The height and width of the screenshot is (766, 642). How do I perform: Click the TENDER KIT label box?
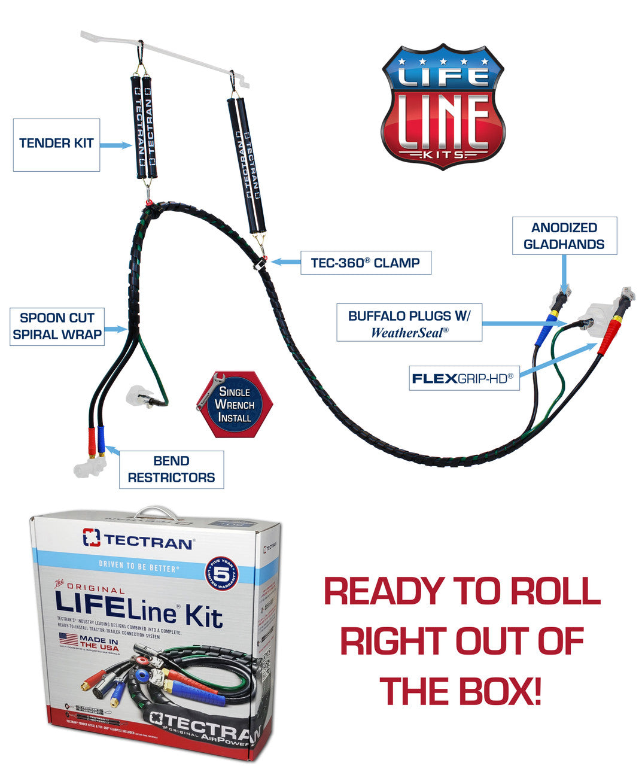pyautogui.click(x=56, y=144)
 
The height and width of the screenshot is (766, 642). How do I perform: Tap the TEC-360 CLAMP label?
pyautogui.click(x=365, y=263)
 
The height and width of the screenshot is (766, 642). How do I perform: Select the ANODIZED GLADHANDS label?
pyautogui.click(x=564, y=236)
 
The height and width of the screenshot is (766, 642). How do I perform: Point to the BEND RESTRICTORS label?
pyautogui.click(x=171, y=470)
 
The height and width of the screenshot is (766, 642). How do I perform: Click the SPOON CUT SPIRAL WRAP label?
pyautogui.click(x=57, y=326)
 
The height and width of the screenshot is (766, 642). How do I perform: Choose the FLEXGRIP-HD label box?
pyautogui.click(x=464, y=378)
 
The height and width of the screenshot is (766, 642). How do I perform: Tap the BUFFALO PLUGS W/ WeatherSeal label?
pyautogui.click(x=409, y=324)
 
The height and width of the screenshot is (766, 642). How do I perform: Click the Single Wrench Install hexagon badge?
pyautogui.click(x=235, y=404)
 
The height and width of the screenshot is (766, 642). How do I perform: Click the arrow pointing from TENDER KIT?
pyautogui.click(x=115, y=145)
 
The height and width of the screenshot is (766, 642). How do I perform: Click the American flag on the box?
pyautogui.click(x=68, y=639)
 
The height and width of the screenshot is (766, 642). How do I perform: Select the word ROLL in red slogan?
pyautogui.click(x=548, y=592)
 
